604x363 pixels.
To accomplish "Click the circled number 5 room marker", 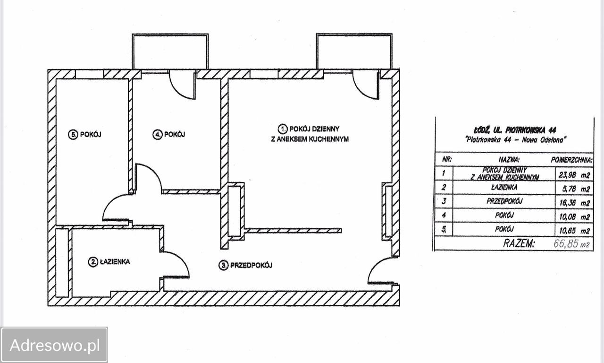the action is point(73,135).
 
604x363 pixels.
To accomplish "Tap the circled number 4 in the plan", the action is point(157,135).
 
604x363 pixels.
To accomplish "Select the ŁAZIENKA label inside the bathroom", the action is point(115,262).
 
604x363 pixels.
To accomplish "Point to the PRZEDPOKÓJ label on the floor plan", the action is point(251,266).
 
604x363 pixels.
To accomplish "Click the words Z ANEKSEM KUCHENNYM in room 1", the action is point(310,139).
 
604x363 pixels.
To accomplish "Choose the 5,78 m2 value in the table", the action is point(576,189).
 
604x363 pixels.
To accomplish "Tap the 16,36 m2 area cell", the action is point(575,203).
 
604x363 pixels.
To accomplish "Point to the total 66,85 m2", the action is point(571,244).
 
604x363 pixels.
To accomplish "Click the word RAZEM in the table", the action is point(519,243).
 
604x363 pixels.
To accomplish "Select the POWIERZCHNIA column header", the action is point(571,160).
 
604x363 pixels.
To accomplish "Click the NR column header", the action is point(447,159).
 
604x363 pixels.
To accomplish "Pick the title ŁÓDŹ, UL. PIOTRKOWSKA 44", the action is point(515,130).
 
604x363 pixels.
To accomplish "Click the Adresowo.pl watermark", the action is point(55,345).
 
